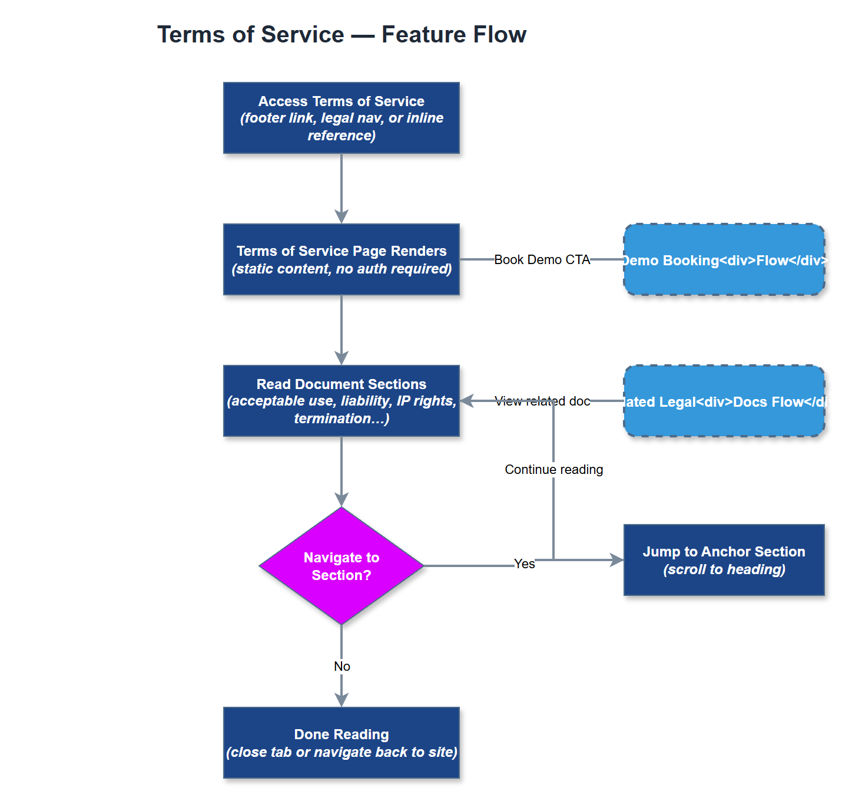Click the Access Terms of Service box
click(x=341, y=118)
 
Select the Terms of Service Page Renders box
click(x=341, y=259)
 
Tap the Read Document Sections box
click(x=341, y=401)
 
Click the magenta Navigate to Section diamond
click(x=341, y=566)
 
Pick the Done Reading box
click(x=341, y=743)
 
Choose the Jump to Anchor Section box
click(x=724, y=560)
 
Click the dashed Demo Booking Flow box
click(x=724, y=259)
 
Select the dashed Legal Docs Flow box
click(x=724, y=401)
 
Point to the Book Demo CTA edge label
click(x=542, y=259)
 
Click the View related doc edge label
click(x=542, y=401)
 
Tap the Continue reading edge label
click(x=553, y=469)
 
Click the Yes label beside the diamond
click(x=524, y=564)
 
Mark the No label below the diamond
click(x=342, y=666)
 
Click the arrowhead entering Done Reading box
click(x=342, y=700)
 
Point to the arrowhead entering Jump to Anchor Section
click(x=616, y=560)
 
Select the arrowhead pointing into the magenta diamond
click(x=342, y=499)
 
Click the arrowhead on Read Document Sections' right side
click(x=467, y=401)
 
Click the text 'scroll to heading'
click(x=724, y=569)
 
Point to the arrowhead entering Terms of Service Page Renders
click(x=342, y=216)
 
